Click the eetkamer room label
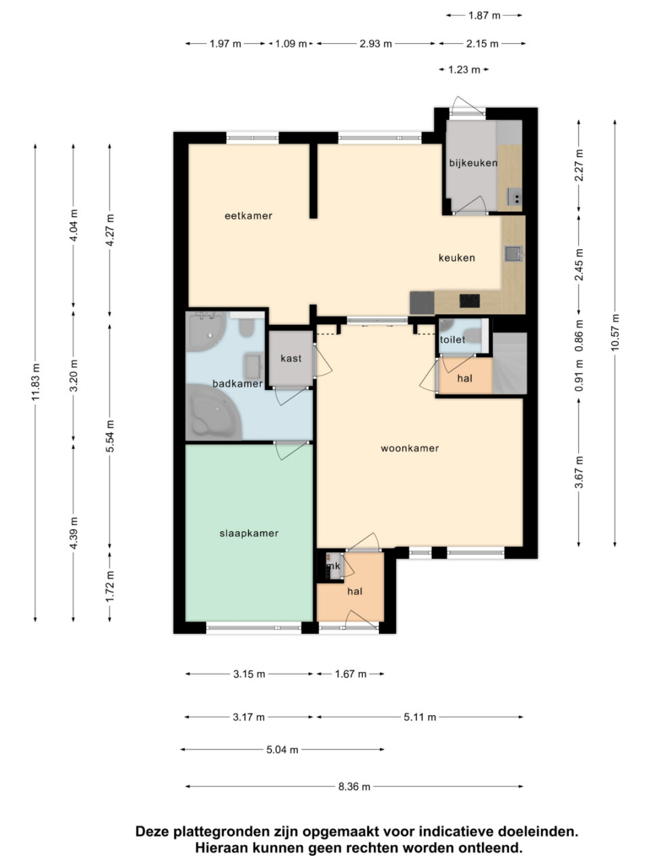(248, 215)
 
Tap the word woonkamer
(410, 448)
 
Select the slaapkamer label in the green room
(249, 533)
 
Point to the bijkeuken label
(473, 163)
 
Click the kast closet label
(291, 358)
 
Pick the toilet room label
(453, 339)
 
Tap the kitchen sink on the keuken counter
(513, 254)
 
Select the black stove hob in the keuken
(470, 301)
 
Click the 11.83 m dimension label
(36, 382)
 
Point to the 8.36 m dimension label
(354, 786)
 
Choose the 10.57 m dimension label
(615, 333)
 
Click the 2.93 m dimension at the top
(375, 43)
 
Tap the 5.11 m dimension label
(420, 717)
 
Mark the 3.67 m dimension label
(578, 472)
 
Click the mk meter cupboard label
(334, 566)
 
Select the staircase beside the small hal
(510, 363)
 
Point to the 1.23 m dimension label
(464, 70)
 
